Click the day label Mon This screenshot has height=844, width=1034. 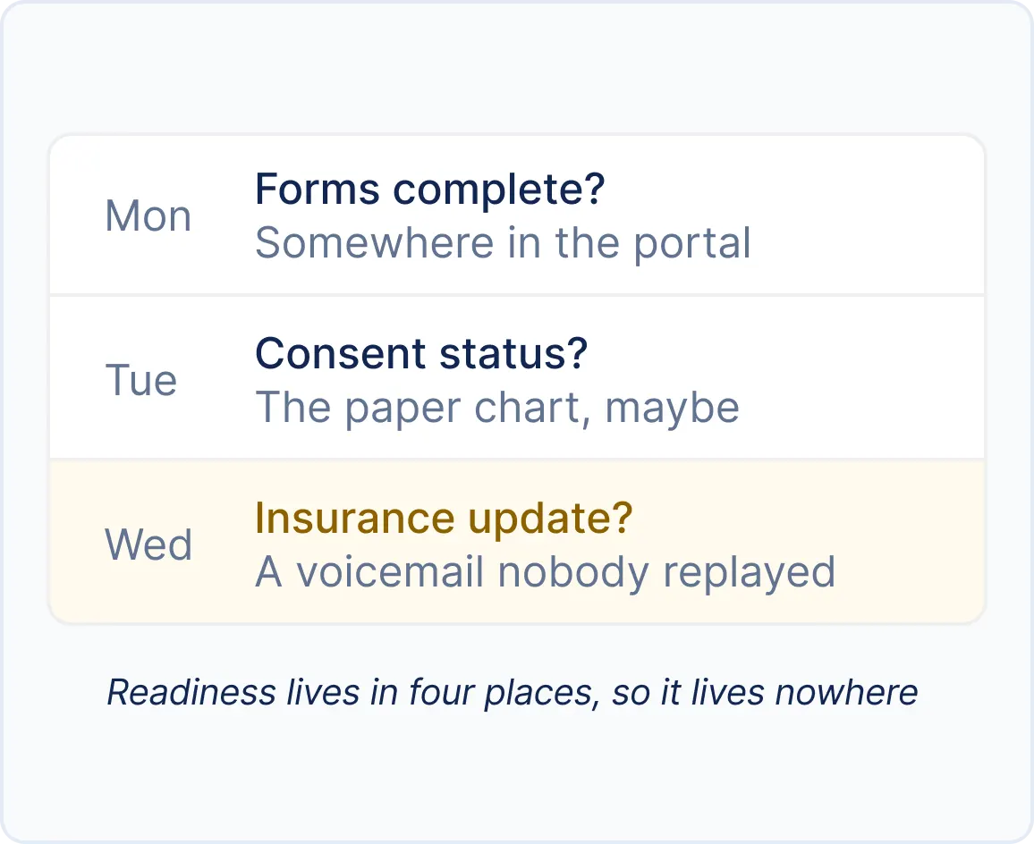(148, 216)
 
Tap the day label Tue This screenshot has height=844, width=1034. (141, 381)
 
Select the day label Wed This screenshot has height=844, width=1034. (148, 544)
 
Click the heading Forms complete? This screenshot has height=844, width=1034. (430, 190)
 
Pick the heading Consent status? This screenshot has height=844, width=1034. (421, 353)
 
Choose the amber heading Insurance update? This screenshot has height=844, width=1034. (444, 519)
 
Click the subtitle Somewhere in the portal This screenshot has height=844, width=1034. (504, 243)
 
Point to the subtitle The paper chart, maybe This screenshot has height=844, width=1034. (497, 409)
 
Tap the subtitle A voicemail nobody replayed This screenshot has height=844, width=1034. (546, 572)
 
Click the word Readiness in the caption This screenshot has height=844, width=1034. (191, 692)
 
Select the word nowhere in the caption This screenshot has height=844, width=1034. (846, 693)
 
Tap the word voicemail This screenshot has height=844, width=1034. (390, 571)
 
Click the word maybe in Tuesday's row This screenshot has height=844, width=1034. (672, 409)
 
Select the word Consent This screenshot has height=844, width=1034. (340, 353)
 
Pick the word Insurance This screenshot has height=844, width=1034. (355, 518)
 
